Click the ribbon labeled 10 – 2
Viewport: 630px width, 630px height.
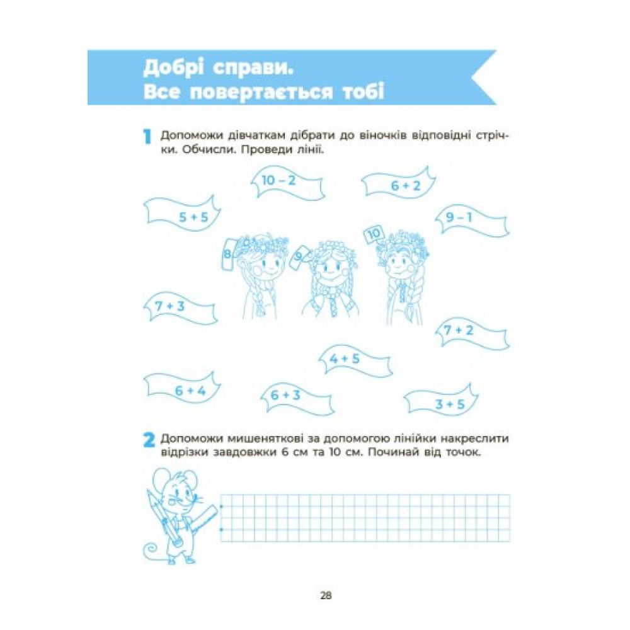coord(288,183)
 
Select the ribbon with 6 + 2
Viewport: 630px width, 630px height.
coord(399,183)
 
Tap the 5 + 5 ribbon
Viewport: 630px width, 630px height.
coord(183,214)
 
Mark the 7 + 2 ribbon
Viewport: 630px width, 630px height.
coord(472,334)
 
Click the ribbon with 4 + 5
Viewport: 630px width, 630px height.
coord(355,361)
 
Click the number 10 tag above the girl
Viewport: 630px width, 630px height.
coord(374,234)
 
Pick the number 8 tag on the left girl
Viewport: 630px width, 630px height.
coord(228,254)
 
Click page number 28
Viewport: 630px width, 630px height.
coord(326,595)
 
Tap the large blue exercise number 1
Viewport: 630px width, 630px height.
coord(147,137)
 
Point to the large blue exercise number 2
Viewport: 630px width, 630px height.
coord(149,440)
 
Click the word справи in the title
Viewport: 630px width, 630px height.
coord(253,68)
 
